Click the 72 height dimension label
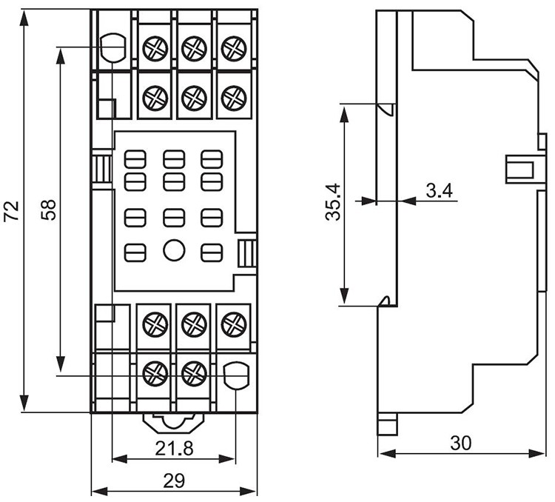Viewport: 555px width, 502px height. click(11, 212)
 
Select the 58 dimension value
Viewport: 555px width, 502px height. click(49, 210)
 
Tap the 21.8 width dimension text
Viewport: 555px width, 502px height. click(174, 448)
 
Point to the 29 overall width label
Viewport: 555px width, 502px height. click(174, 481)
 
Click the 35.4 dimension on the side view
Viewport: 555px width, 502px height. click(333, 202)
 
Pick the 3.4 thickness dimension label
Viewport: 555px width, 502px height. click(439, 190)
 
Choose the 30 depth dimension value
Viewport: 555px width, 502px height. click(461, 443)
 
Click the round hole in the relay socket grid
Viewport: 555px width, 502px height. click(174, 250)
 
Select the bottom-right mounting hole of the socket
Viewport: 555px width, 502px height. click(237, 375)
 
